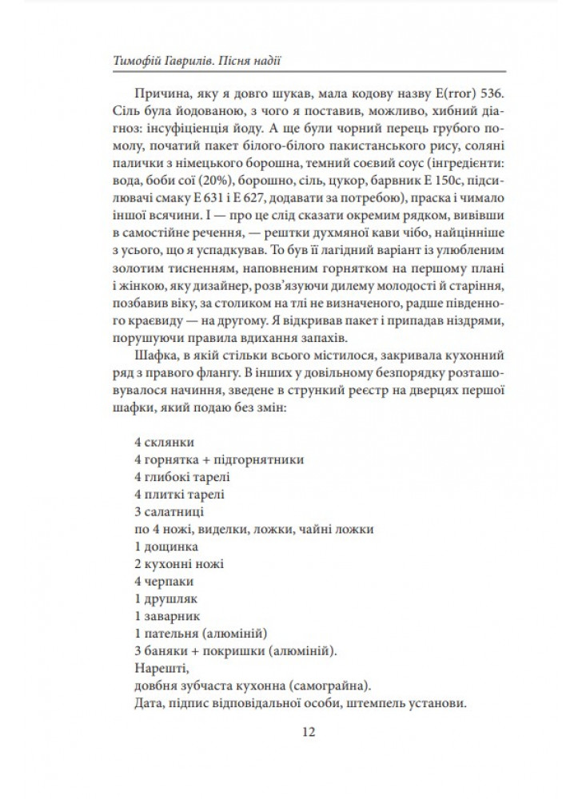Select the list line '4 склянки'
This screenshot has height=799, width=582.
(x=164, y=443)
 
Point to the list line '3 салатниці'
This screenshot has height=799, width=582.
(x=170, y=511)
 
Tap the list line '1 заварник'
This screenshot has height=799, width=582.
(x=167, y=616)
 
